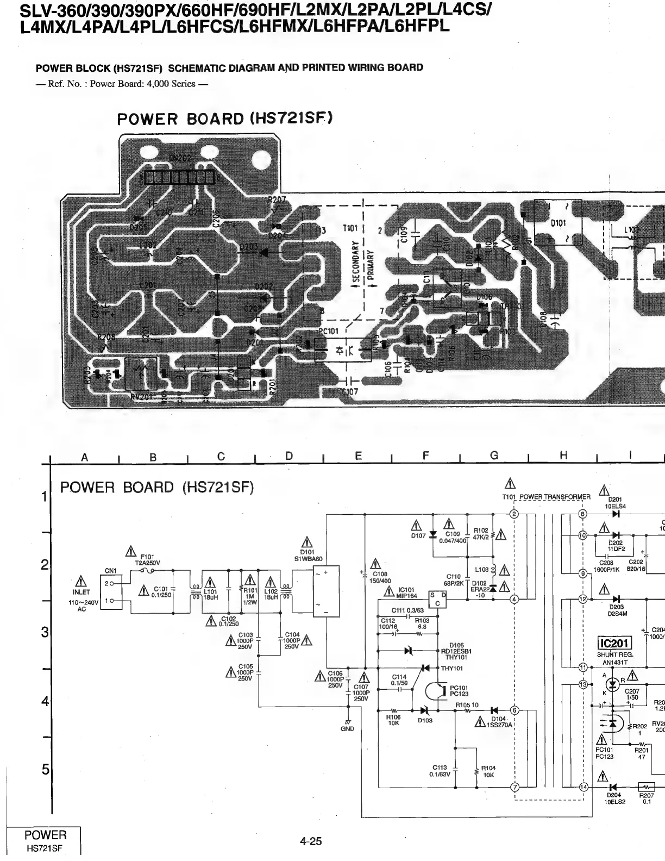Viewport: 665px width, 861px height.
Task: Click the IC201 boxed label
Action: pos(613,644)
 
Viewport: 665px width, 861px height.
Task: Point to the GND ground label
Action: pos(348,729)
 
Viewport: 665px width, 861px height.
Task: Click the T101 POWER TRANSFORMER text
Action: pos(546,497)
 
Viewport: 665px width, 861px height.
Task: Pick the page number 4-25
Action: pos(311,842)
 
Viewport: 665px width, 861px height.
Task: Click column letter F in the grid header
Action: pos(426,456)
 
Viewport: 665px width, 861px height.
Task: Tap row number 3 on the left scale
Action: pos(45,633)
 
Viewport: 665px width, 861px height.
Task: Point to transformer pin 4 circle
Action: pos(514,600)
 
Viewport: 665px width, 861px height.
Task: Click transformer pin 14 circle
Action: pos(584,787)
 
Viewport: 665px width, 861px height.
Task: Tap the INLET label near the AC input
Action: pos(81,592)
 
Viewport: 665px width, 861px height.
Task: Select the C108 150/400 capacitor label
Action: pos(380,577)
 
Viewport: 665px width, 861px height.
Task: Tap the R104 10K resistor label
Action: pos(488,771)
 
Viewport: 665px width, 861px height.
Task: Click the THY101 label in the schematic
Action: pos(452,668)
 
